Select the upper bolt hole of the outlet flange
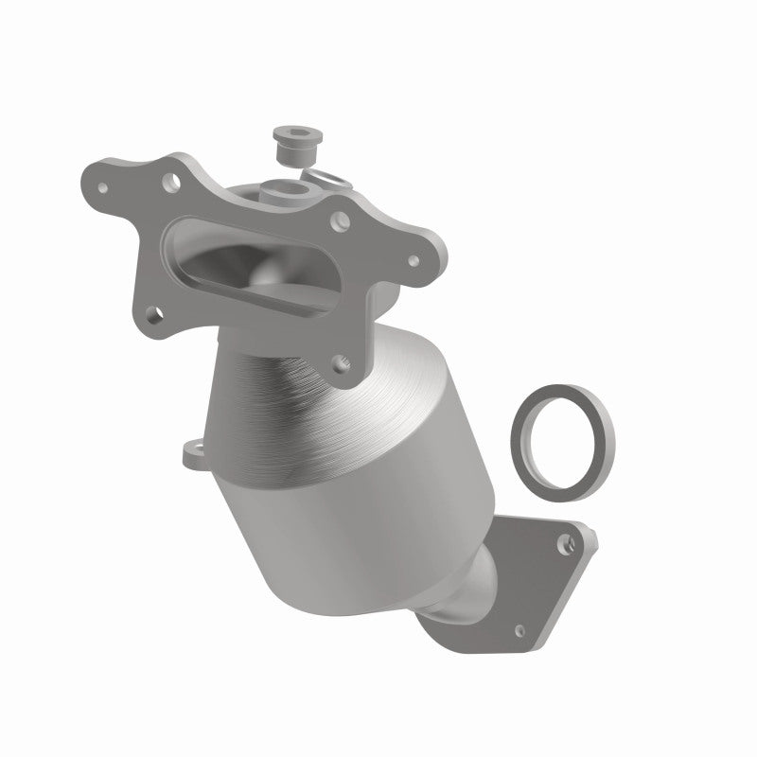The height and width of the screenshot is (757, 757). pos(565,542)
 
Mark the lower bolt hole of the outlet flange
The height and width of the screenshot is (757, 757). pos(519,628)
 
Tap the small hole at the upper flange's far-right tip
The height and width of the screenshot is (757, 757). pos(413,258)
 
